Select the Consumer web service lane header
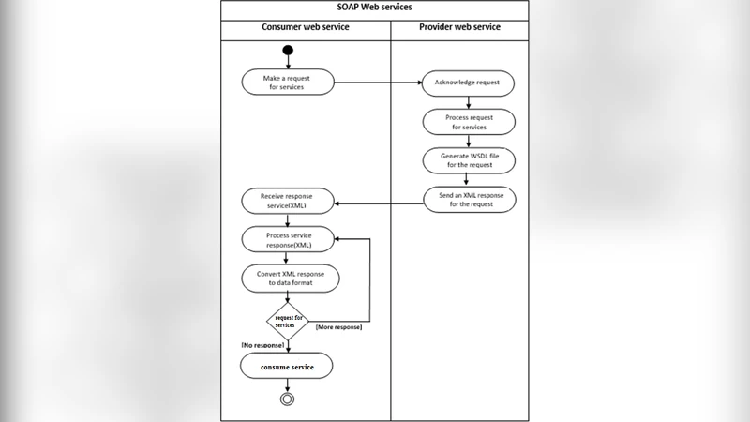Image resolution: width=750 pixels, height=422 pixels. point(306,27)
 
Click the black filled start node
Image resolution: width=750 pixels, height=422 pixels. point(288,51)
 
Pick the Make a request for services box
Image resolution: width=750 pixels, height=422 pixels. point(287,82)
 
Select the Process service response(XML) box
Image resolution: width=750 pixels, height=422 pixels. point(290,239)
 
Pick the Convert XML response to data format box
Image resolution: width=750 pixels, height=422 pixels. point(290,279)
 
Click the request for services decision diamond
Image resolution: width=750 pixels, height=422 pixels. point(289,321)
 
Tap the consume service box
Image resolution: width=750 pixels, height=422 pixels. point(288,366)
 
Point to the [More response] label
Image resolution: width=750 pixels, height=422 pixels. point(338,327)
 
